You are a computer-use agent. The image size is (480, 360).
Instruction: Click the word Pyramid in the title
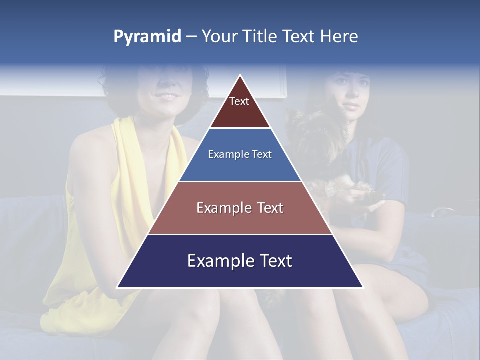pyautogui.click(x=147, y=37)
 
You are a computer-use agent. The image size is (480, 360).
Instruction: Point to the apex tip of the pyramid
pyautogui.click(x=240, y=76)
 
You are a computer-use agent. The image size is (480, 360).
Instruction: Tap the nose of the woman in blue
pyautogui.click(x=348, y=96)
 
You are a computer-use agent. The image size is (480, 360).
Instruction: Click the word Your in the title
pyautogui.click(x=218, y=37)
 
